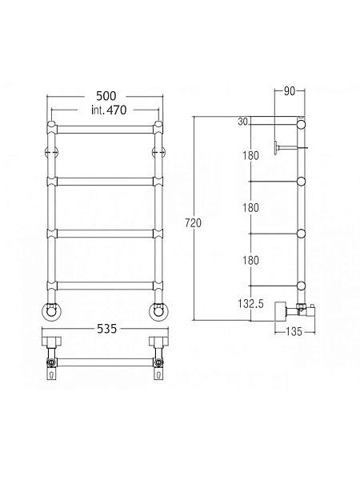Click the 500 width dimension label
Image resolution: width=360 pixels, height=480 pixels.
point(106,96)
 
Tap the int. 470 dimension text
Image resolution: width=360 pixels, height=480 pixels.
point(109,110)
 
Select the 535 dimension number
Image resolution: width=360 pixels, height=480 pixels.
point(107,329)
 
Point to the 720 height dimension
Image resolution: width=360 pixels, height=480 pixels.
point(194,223)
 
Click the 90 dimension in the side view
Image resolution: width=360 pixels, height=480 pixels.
point(290,91)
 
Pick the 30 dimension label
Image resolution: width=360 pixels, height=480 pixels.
point(242,122)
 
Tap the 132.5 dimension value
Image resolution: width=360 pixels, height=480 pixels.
point(250,304)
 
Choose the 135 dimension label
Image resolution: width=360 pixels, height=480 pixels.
point(294,331)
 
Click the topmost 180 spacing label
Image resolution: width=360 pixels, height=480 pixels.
point(250,155)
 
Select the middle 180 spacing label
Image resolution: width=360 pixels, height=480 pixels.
point(250,208)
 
